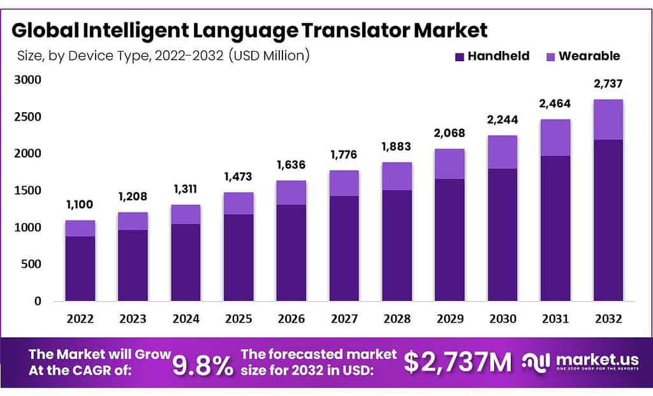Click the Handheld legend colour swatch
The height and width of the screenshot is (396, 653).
459,57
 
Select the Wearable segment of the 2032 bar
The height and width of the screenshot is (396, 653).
608,120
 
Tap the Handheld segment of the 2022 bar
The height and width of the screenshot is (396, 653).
80,268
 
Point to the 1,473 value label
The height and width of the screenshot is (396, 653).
238,177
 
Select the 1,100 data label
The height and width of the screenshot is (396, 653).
80,205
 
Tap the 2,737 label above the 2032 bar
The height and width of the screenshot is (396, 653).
608,84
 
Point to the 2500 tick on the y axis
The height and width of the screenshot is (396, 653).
28,117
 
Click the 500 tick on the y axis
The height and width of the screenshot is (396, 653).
31,264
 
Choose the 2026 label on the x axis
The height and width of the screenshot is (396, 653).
291,318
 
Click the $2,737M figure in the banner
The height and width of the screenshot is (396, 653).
457,363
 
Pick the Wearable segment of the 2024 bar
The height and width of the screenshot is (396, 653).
186,214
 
